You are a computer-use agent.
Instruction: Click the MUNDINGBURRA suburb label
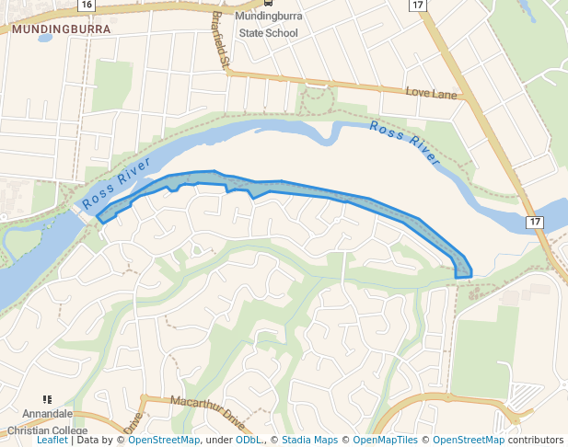(61, 29)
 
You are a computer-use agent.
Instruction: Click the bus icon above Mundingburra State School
(268, 3)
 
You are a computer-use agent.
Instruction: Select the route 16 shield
(86, 5)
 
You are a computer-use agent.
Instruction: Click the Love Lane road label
(431, 93)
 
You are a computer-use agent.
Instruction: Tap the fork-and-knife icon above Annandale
(47, 399)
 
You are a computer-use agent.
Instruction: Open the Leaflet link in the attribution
(52, 440)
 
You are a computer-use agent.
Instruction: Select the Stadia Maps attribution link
(309, 440)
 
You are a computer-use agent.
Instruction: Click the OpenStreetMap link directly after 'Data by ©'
(164, 440)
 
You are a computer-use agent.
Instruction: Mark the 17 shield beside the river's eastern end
(534, 222)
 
